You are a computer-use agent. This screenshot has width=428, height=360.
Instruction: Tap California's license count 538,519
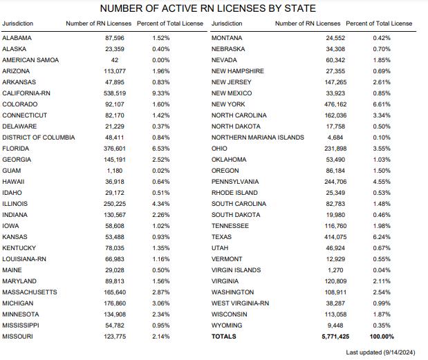(x=110, y=93)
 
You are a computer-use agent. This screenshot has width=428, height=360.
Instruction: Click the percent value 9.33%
(x=160, y=93)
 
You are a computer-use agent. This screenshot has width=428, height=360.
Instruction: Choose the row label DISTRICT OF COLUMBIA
(x=38, y=137)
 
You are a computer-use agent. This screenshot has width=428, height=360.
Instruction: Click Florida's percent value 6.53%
(x=160, y=148)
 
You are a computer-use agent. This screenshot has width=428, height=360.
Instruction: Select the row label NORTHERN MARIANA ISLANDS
(x=257, y=137)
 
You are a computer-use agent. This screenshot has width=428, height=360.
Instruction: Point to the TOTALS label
(x=223, y=337)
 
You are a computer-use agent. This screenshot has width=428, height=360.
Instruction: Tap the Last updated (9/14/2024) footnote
(x=380, y=352)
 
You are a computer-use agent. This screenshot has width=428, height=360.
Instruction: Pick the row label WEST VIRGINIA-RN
(x=240, y=303)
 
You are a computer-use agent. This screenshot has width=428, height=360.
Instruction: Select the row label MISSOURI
(x=17, y=337)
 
